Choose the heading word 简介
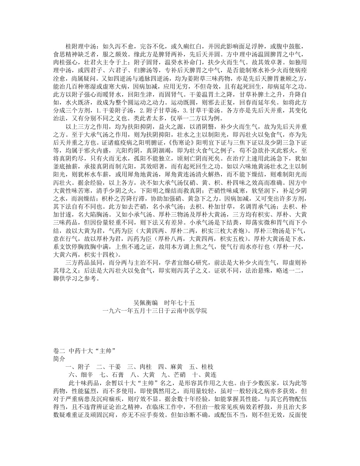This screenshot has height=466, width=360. point(59,359)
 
